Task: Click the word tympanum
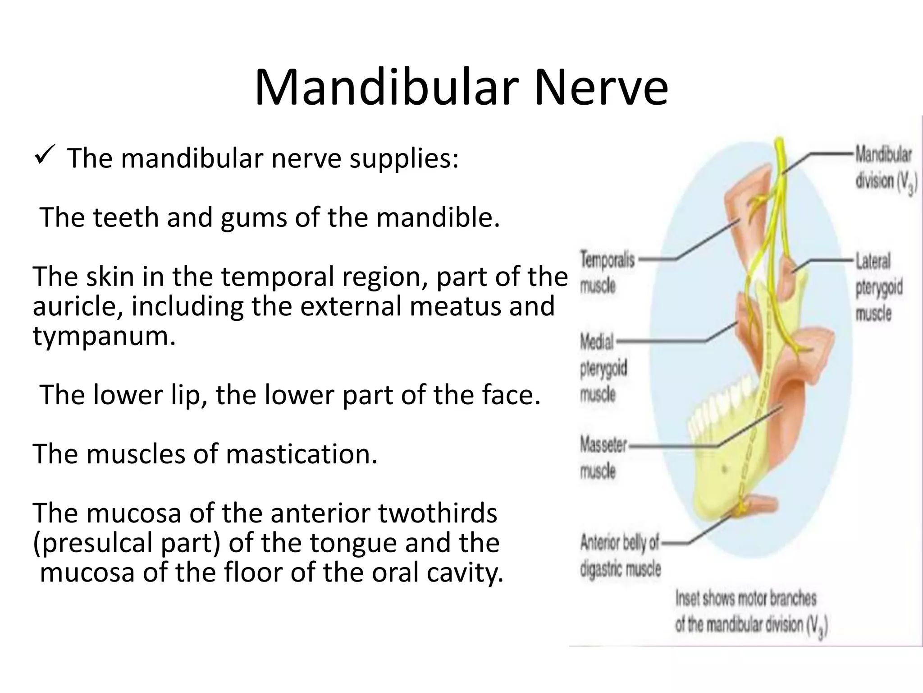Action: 104,336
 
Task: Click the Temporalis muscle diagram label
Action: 607,273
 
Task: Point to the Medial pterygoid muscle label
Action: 603,368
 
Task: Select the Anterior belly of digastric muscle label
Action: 620,556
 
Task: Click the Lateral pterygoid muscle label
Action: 878,287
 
